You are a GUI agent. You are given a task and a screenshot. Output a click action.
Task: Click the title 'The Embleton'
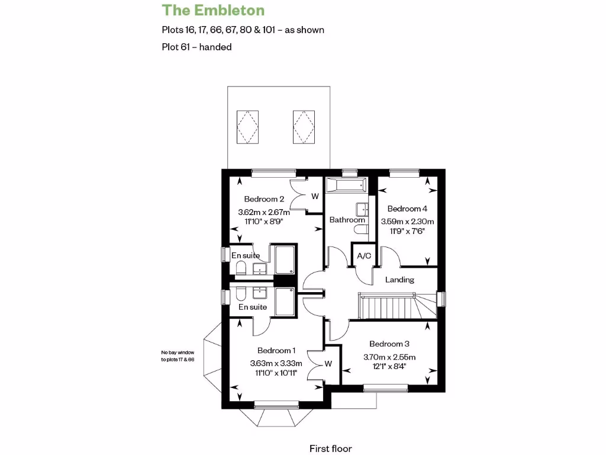click(x=213, y=10)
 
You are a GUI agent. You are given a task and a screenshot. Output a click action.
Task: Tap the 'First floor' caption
click(x=330, y=448)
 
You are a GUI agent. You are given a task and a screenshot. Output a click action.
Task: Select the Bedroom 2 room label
click(x=264, y=199)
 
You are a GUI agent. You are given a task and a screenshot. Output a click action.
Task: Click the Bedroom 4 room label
click(x=407, y=209)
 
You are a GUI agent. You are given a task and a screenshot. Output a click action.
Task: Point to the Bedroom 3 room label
click(x=389, y=344)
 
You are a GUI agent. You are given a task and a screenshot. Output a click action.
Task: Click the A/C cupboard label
click(x=363, y=256)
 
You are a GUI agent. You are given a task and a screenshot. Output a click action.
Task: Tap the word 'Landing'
click(x=399, y=280)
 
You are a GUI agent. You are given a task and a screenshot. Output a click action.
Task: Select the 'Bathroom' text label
click(x=347, y=220)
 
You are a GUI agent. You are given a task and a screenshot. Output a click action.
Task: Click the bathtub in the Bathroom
click(x=346, y=185)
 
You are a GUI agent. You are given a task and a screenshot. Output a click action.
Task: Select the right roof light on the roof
click(x=303, y=125)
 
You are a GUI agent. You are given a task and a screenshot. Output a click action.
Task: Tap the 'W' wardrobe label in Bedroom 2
click(x=315, y=196)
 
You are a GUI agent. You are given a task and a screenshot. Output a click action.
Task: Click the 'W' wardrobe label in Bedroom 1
click(x=329, y=364)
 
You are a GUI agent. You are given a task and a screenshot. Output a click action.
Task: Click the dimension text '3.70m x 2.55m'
click(x=389, y=357)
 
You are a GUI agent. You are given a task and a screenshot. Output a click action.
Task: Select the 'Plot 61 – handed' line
click(x=196, y=47)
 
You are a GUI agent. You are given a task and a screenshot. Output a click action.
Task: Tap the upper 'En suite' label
click(x=244, y=255)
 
